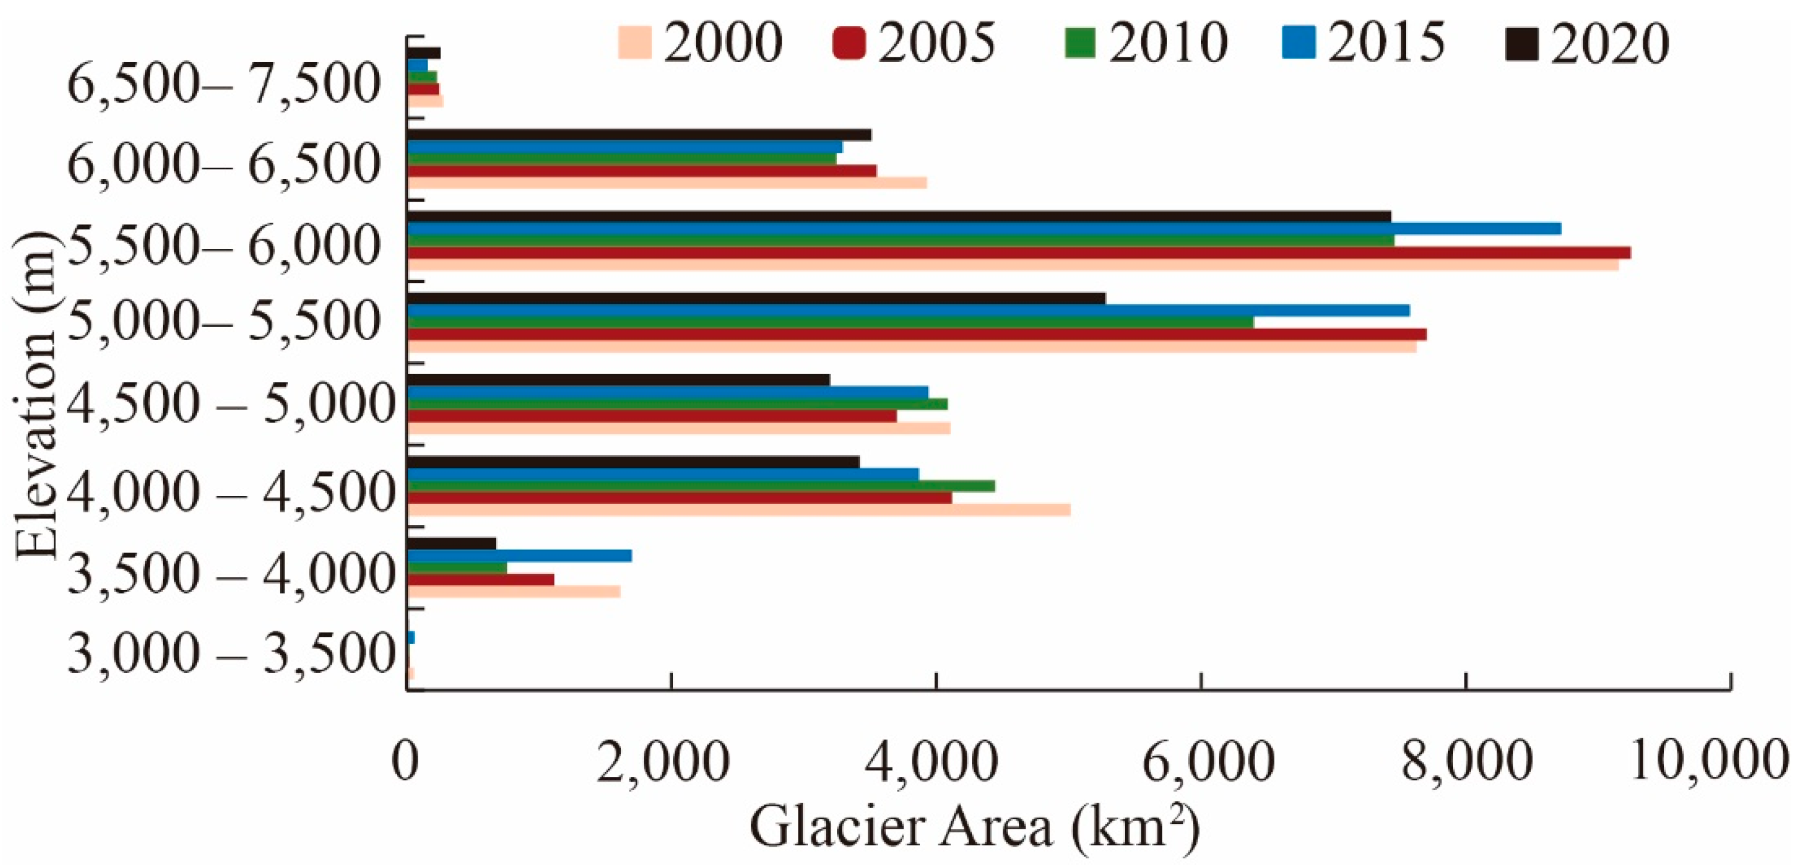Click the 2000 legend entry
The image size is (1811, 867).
700,42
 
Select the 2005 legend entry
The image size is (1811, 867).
914,42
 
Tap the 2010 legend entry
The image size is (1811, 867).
1146,42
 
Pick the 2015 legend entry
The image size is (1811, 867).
1364,42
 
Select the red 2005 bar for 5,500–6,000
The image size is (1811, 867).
1019,252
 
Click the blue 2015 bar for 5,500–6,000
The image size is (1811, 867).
984,229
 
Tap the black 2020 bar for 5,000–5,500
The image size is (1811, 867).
757,299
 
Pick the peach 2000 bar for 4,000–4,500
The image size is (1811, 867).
738,510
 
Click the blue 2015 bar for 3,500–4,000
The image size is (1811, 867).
520,556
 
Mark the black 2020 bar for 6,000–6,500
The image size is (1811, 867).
640,135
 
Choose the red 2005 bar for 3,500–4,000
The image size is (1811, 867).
481,579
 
